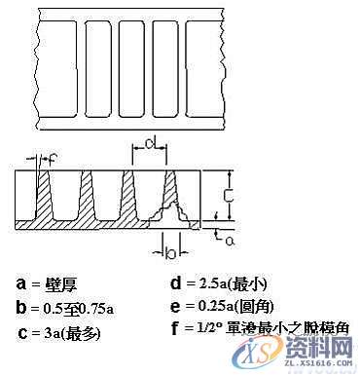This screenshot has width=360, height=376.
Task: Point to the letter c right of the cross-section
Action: coord(227,194)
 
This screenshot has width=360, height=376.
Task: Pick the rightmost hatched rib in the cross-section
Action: coord(172,200)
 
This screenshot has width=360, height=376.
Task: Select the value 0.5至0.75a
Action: coord(77,309)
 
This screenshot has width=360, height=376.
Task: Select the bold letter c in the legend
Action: coord(22,333)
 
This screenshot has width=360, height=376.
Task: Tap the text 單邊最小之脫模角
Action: coord(292,330)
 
